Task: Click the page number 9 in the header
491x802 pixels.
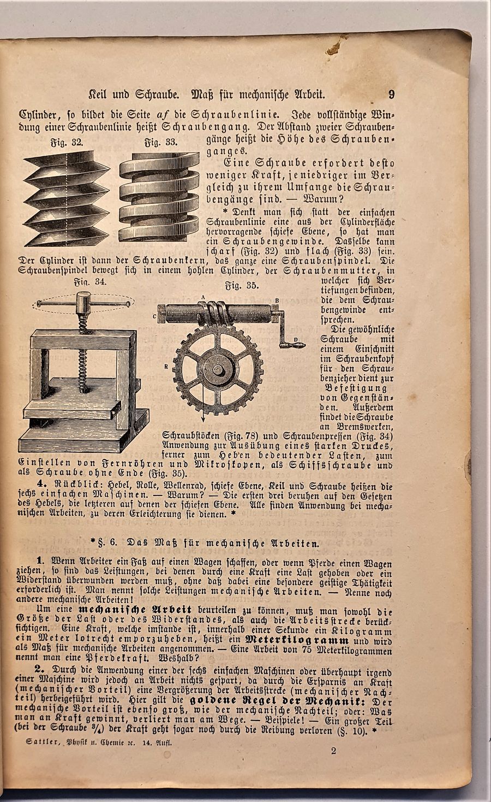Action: (392, 95)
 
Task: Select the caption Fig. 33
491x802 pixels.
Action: (160, 143)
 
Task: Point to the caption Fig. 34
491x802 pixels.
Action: (91, 282)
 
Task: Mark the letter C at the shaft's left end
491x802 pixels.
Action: (155, 316)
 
